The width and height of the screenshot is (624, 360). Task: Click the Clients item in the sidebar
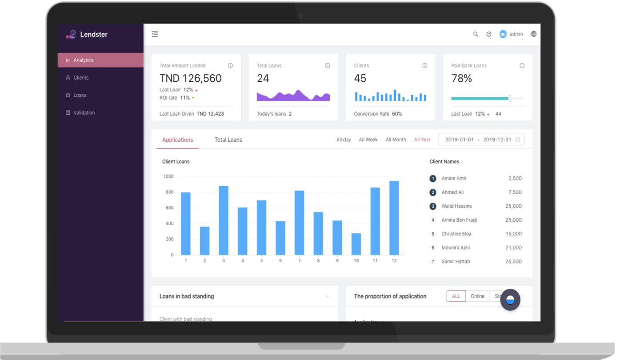[81, 78]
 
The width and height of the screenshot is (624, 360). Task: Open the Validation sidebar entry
[84, 113]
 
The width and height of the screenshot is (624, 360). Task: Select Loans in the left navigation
[80, 95]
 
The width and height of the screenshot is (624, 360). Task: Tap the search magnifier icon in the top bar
[476, 34]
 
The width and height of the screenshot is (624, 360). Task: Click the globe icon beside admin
[534, 34]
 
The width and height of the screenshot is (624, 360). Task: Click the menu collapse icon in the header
[155, 34]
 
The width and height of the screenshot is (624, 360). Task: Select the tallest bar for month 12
[394, 218]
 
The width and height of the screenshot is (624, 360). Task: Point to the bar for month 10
[356, 244]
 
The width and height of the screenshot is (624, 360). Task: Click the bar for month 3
[224, 220]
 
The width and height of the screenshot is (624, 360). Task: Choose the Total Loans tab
[228, 140]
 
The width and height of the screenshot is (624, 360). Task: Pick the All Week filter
[368, 140]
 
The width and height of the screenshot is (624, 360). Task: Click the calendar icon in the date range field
[518, 140]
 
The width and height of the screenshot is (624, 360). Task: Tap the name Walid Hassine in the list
[456, 206]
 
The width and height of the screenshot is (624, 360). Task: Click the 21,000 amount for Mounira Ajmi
[513, 248]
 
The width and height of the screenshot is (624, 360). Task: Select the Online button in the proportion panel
[477, 296]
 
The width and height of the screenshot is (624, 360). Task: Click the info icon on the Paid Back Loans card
[522, 66]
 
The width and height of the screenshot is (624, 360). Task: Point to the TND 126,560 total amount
[190, 79]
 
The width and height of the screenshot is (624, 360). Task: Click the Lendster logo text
[94, 35]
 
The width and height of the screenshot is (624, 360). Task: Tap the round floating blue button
[510, 300]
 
